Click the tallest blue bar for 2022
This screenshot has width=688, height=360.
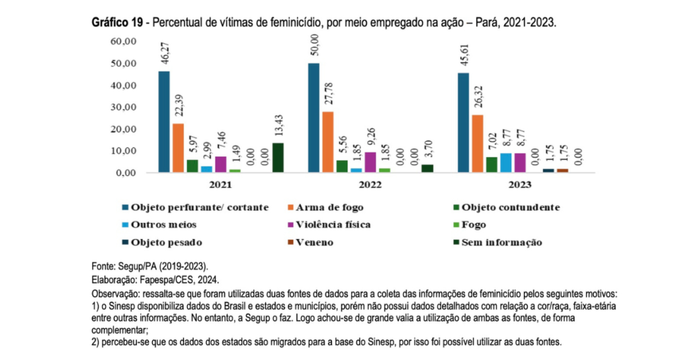(x=314, y=118)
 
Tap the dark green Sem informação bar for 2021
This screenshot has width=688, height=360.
(x=278, y=158)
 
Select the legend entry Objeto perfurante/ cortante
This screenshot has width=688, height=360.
(x=200, y=208)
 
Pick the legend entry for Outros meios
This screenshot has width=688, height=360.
(x=165, y=225)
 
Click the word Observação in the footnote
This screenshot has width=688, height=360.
(x=114, y=295)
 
